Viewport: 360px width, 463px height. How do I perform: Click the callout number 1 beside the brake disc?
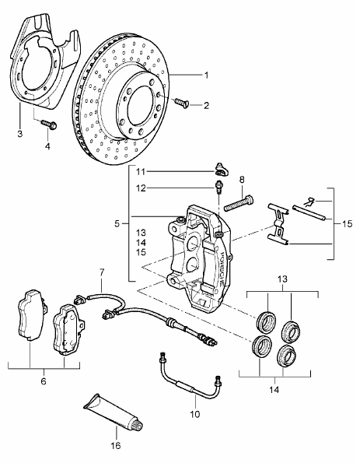207,75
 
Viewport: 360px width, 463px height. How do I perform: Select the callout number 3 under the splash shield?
19,134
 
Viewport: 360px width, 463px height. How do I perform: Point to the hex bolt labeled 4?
49,125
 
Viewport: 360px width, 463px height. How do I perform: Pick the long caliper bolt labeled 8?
239,203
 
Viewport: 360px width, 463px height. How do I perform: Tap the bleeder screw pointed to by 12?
219,188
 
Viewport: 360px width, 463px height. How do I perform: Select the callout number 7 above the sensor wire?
102,272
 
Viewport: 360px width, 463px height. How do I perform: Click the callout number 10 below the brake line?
194,414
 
